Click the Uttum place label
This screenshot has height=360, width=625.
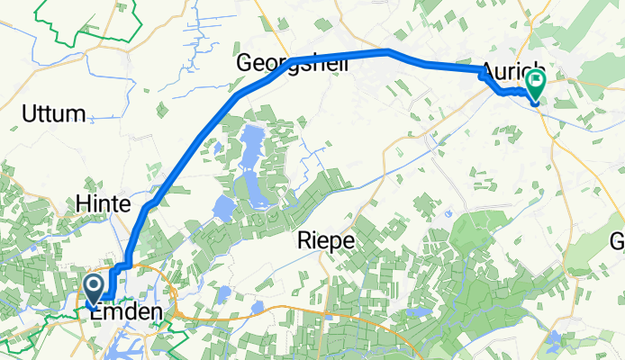coord(54,114)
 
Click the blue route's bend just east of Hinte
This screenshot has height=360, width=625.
coord(146,208)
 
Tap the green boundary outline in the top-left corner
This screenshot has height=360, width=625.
coord(90,22)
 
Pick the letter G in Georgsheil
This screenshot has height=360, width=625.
coord(244,64)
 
